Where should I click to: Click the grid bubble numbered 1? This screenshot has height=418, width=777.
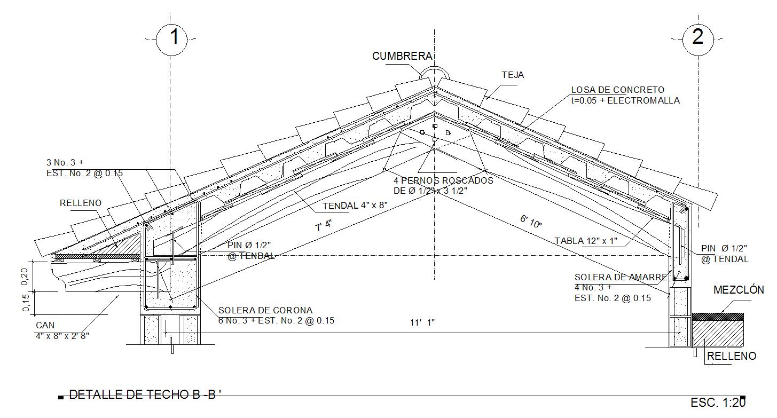click(171, 38)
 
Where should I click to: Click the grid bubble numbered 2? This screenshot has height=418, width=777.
click(698, 38)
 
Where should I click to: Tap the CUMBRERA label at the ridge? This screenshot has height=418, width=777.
click(402, 56)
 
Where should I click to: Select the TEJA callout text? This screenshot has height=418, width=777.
click(513, 75)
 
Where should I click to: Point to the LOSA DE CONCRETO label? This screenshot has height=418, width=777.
click(618, 90)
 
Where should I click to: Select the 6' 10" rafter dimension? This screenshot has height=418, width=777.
click(531, 222)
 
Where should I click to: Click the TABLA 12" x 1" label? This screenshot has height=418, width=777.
click(585, 241)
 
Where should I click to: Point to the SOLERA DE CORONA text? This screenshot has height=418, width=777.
click(265, 310)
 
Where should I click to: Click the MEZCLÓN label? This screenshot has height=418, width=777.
click(739, 290)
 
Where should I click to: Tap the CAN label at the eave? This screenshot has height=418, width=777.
click(45, 325)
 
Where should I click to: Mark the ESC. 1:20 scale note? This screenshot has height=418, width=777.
click(717, 403)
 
